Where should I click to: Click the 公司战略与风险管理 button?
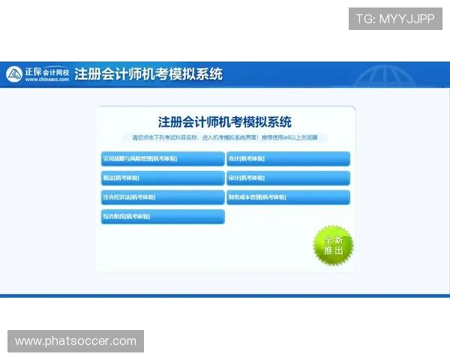tap(162, 159)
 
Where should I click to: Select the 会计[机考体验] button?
tap(288, 159)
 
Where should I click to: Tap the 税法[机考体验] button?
tap(162, 178)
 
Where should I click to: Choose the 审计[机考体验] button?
tap(288, 178)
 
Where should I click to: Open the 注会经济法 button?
tap(162, 197)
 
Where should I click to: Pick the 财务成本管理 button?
tap(288, 197)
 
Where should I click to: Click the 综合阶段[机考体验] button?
tap(162, 217)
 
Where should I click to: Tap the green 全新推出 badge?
tap(333, 245)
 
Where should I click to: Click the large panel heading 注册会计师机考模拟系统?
tap(225, 122)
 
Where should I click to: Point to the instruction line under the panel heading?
tap(225, 138)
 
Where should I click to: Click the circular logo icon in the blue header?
tap(14, 74)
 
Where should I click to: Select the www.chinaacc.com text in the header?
tap(46, 79)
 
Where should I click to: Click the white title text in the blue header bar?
tap(148, 74)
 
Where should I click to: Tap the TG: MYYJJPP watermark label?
tap(395, 19)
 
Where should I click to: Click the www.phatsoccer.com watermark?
tap(75, 341)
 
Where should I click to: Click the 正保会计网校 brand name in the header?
tap(46, 71)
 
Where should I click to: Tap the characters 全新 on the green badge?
tap(333, 240)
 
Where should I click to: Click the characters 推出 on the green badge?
tap(333, 251)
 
